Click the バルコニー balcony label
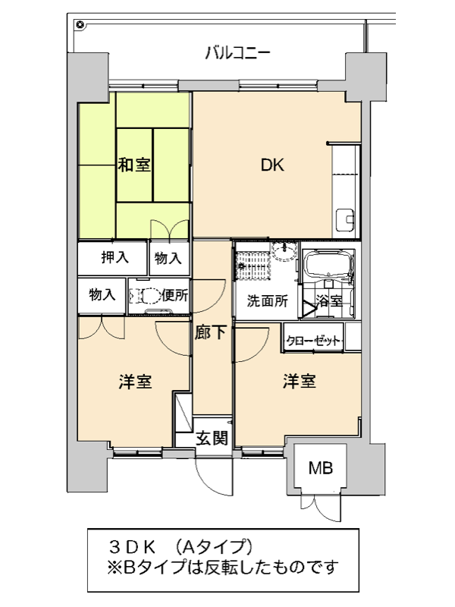pos(237,53)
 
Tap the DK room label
pos(272,165)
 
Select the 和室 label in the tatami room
pos(134,165)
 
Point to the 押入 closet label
pos(115,257)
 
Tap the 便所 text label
pos(175,295)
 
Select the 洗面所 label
pos(268,300)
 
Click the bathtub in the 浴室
pos(328,263)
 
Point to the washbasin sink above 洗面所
pos(284,251)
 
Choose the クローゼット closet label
pos(313,341)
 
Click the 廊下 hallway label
pos(210,332)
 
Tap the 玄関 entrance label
pos(212,438)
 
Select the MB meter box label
pos(321,468)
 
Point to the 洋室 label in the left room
pos(135,382)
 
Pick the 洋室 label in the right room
pos(299,381)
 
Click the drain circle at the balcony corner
pos(80,25)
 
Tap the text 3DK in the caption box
pos(132,547)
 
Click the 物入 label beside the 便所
pos(102,295)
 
